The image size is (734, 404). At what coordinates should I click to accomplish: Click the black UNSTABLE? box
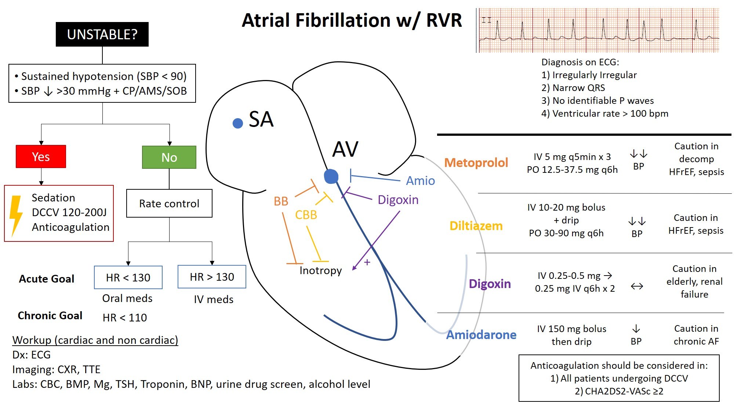click(102, 34)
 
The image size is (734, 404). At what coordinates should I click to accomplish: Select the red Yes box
click(41, 157)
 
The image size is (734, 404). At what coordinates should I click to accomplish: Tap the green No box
click(169, 157)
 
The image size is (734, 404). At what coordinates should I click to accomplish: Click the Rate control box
click(169, 203)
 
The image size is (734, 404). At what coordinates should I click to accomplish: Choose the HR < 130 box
click(128, 277)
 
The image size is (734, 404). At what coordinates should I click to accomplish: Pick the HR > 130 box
click(212, 277)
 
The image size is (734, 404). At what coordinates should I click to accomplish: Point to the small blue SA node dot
click(238, 123)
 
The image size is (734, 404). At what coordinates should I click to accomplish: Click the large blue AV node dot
click(331, 176)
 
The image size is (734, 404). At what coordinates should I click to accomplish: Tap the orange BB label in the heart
click(281, 201)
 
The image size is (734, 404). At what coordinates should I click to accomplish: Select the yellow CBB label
click(306, 215)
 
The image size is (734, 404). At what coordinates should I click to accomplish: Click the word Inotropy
click(320, 270)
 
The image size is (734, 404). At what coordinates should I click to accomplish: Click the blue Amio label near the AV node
click(420, 181)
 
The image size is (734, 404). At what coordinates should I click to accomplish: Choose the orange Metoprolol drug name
click(476, 163)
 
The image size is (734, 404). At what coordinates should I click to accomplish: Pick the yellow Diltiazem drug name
click(476, 226)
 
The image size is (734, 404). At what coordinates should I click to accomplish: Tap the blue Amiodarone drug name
click(481, 335)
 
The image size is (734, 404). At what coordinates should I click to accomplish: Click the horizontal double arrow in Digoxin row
click(637, 286)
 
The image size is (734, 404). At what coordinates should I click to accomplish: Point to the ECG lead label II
click(486, 20)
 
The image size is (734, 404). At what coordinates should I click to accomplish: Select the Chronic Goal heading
click(50, 316)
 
